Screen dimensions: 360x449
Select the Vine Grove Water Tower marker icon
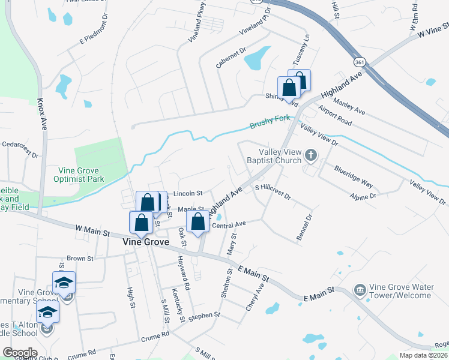(360, 290)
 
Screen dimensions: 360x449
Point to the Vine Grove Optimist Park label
(82, 175)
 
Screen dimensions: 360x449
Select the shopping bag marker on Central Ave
(198, 222)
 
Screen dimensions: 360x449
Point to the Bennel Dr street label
(304, 228)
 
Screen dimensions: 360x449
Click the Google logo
(20, 353)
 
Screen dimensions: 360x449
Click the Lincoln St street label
(188, 194)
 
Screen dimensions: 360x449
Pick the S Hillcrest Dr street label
(273, 192)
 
